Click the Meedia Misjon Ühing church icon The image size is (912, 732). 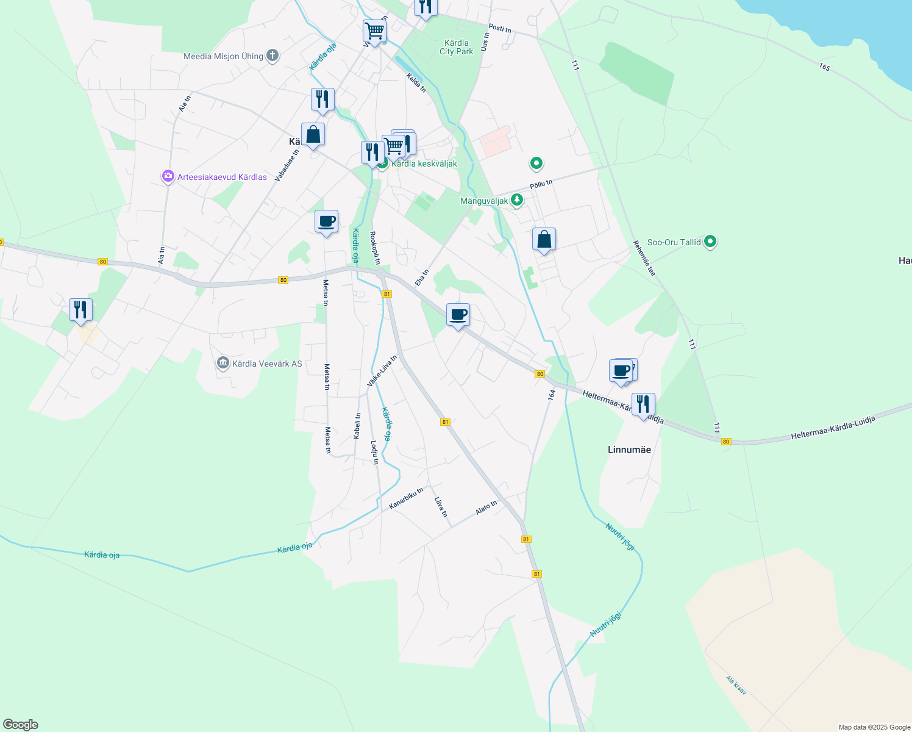[273, 56]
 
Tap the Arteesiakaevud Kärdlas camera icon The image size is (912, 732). [168, 177]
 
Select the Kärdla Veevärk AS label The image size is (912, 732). [267, 364]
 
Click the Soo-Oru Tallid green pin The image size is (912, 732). [710, 242]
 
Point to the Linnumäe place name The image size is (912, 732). [629, 450]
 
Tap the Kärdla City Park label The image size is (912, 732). [456, 47]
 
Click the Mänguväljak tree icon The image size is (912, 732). [517, 200]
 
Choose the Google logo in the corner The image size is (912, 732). [21, 725]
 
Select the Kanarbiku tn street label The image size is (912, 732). [406, 498]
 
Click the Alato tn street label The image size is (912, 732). [486, 508]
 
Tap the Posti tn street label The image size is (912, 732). [500, 28]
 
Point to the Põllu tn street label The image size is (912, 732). [541, 184]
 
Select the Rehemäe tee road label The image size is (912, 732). [644, 258]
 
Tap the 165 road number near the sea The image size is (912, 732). [825, 66]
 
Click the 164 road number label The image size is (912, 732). [552, 395]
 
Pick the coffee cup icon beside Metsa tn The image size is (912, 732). [326, 222]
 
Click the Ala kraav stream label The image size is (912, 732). [736, 685]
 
